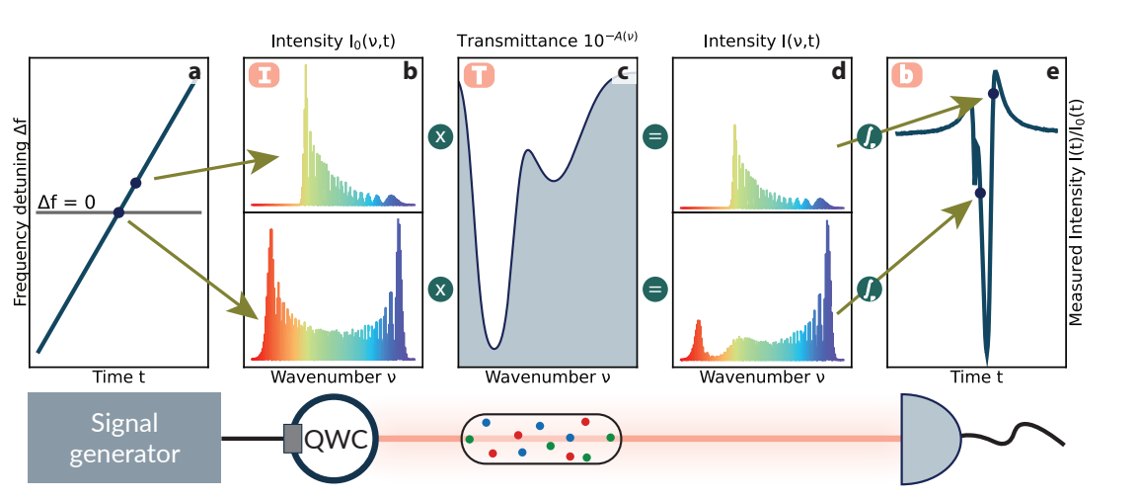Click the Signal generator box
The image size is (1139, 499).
123,438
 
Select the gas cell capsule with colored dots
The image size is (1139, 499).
542,438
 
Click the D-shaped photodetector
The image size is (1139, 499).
930,439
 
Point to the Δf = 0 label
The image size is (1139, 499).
66,203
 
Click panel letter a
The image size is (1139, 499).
193,71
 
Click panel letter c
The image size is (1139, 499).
623,71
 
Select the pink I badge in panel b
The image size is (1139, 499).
264,76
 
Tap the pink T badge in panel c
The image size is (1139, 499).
479,76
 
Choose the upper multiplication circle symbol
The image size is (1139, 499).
441,136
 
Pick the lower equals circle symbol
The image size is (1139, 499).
655,289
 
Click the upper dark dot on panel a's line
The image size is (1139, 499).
136,183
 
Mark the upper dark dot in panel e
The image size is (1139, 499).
993,94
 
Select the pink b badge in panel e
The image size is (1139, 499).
908,76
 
